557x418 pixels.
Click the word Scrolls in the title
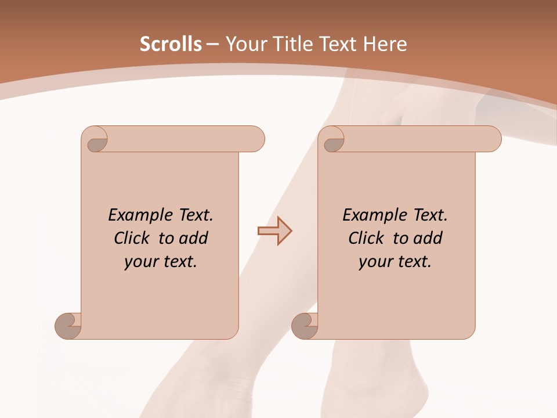point(171,44)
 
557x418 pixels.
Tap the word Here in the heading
point(385,44)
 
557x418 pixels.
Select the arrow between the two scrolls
point(275,231)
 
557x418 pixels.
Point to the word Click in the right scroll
point(367,239)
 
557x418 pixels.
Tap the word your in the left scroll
point(140,262)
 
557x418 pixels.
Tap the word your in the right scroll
point(375,262)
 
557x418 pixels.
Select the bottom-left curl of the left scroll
point(68,326)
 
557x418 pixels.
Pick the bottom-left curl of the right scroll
point(305,326)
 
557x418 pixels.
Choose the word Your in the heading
point(246,44)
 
